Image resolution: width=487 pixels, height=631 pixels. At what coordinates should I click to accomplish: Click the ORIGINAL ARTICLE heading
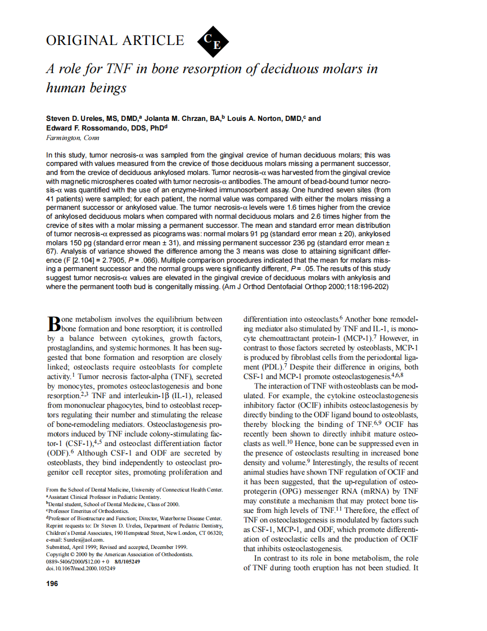[115, 40]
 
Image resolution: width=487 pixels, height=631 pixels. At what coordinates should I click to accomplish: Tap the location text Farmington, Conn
[72, 138]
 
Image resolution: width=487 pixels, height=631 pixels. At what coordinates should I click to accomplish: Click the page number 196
[52, 584]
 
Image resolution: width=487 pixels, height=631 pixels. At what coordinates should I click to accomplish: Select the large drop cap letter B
[53, 324]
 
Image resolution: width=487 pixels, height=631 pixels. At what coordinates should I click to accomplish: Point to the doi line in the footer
[80, 569]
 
